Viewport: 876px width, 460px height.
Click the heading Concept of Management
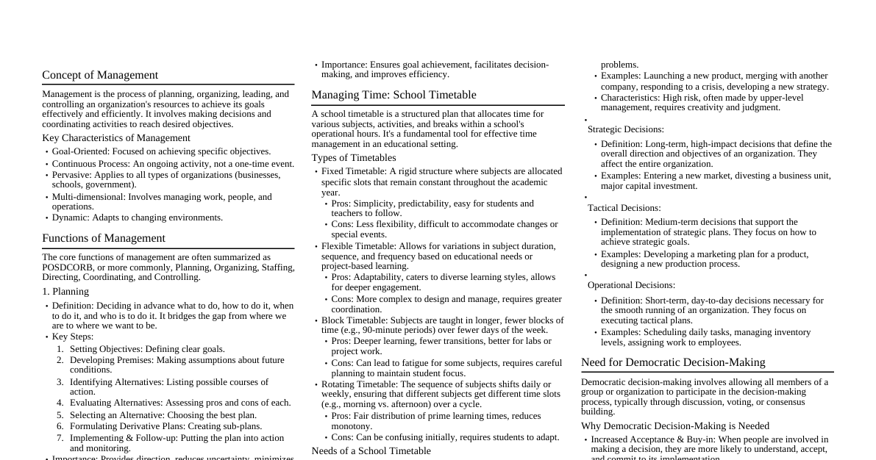(100, 75)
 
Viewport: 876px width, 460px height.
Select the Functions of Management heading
(104, 238)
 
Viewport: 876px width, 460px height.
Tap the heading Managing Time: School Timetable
(394, 95)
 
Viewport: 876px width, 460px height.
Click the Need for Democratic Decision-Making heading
(673, 362)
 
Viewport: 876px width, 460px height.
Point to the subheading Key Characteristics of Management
(116, 138)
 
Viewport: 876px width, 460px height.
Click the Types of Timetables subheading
(353, 158)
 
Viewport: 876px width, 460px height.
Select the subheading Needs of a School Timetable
(371, 451)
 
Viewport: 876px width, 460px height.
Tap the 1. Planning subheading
(65, 292)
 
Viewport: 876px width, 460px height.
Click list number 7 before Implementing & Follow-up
(60, 438)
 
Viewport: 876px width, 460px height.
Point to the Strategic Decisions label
(625, 129)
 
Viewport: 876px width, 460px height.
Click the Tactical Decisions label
(624, 208)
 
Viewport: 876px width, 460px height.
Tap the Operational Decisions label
(631, 285)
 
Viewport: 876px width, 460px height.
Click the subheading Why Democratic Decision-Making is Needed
(674, 426)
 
